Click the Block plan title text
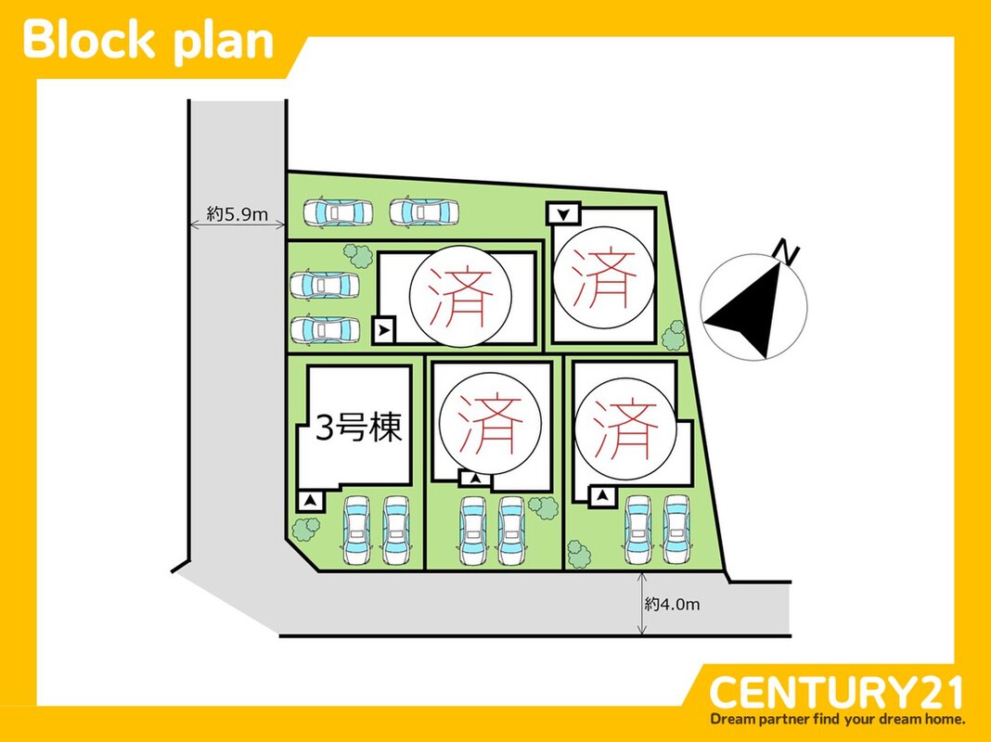point(148,42)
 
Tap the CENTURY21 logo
point(836,692)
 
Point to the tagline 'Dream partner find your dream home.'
point(837,719)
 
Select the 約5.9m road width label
point(238,215)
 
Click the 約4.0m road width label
point(673,604)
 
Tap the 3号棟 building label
point(358,430)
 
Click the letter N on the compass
point(788,251)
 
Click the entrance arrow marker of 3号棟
point(310,501)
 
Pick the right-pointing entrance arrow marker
point(384,328)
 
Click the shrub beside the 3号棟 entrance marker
point(303,529)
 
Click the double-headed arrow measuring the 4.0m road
point(642,604)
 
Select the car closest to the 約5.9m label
point(336,212)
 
